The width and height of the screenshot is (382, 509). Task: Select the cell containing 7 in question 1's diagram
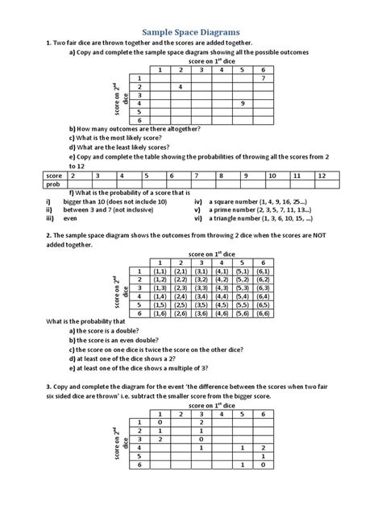(x=264, y=78)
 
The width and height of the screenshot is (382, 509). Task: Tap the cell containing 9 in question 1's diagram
(x=242, y=104)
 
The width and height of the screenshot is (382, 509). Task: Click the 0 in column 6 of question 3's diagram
(x=264, y=466)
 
